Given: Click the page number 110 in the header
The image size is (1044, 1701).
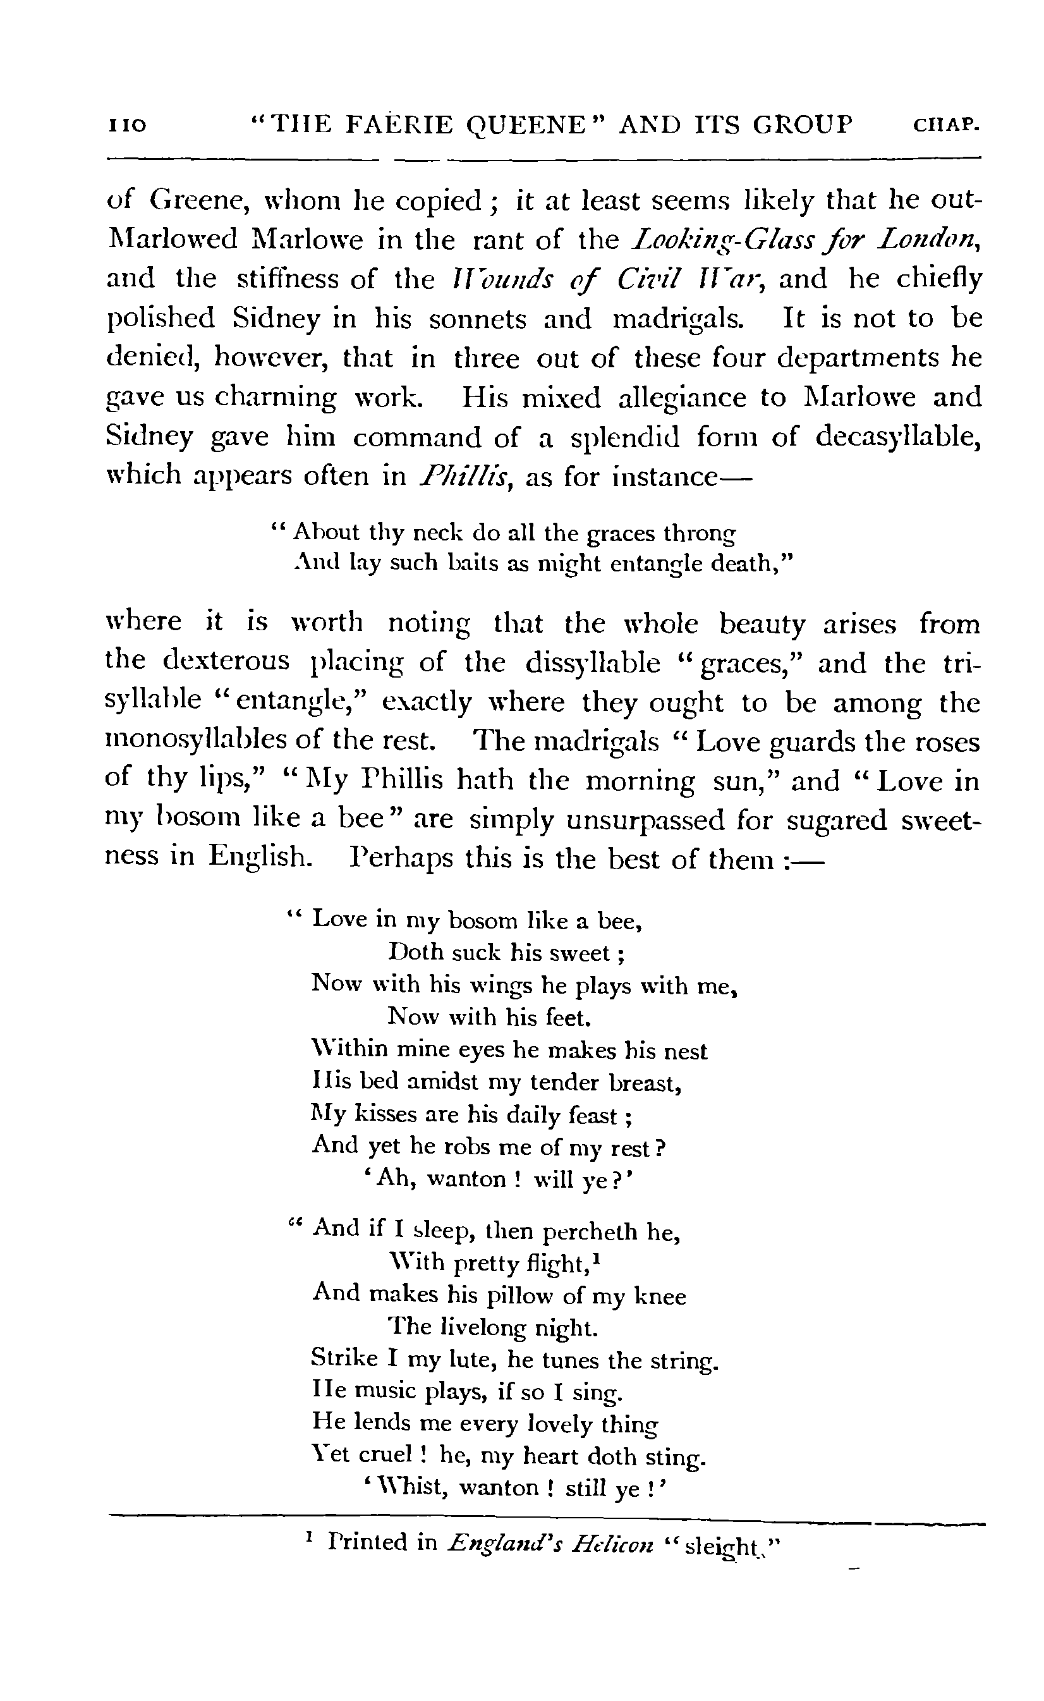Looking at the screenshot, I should coord(128,126).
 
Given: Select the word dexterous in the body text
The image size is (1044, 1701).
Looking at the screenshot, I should coord(226,662).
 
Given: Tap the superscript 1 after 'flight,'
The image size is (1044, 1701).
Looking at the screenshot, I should coord(596,1259).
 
